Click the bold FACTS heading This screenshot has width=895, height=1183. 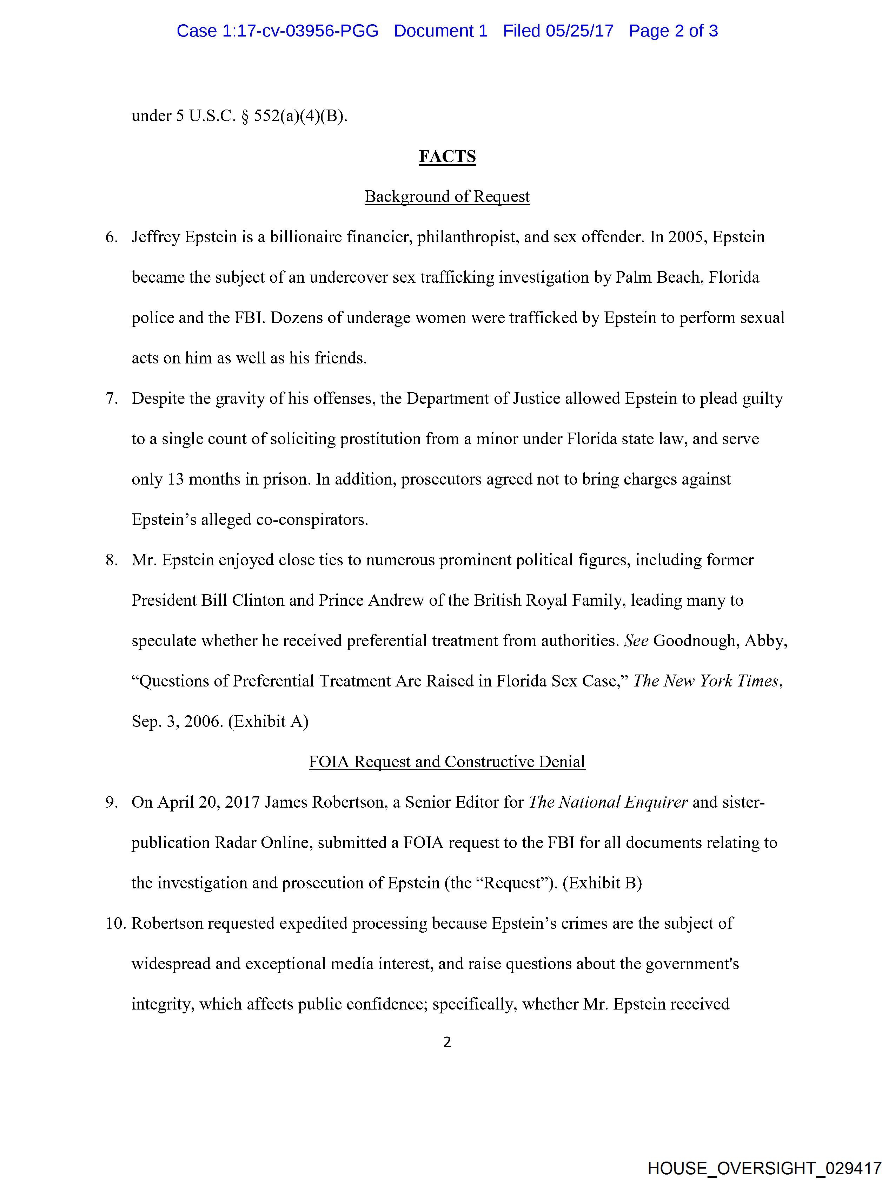[x=447, y=156]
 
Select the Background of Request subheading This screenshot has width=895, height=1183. [x=447, y=197]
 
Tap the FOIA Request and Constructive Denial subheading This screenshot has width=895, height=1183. [x=447, y=762]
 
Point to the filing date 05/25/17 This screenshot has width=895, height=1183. [x=579, y=31]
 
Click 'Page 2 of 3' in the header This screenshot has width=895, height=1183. [x=673, y=31]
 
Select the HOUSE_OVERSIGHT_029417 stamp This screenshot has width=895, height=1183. [x=764, y=1168]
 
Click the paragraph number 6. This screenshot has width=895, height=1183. [x=111, y=237]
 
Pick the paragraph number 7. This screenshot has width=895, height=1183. [x=111, y=399]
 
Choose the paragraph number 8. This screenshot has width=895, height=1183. [x=111, y=560]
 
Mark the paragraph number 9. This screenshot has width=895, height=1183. [x=111, y=802]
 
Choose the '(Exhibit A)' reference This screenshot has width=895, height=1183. [x=268, y=722]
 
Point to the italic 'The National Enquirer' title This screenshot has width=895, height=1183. [x=608, y=802]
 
